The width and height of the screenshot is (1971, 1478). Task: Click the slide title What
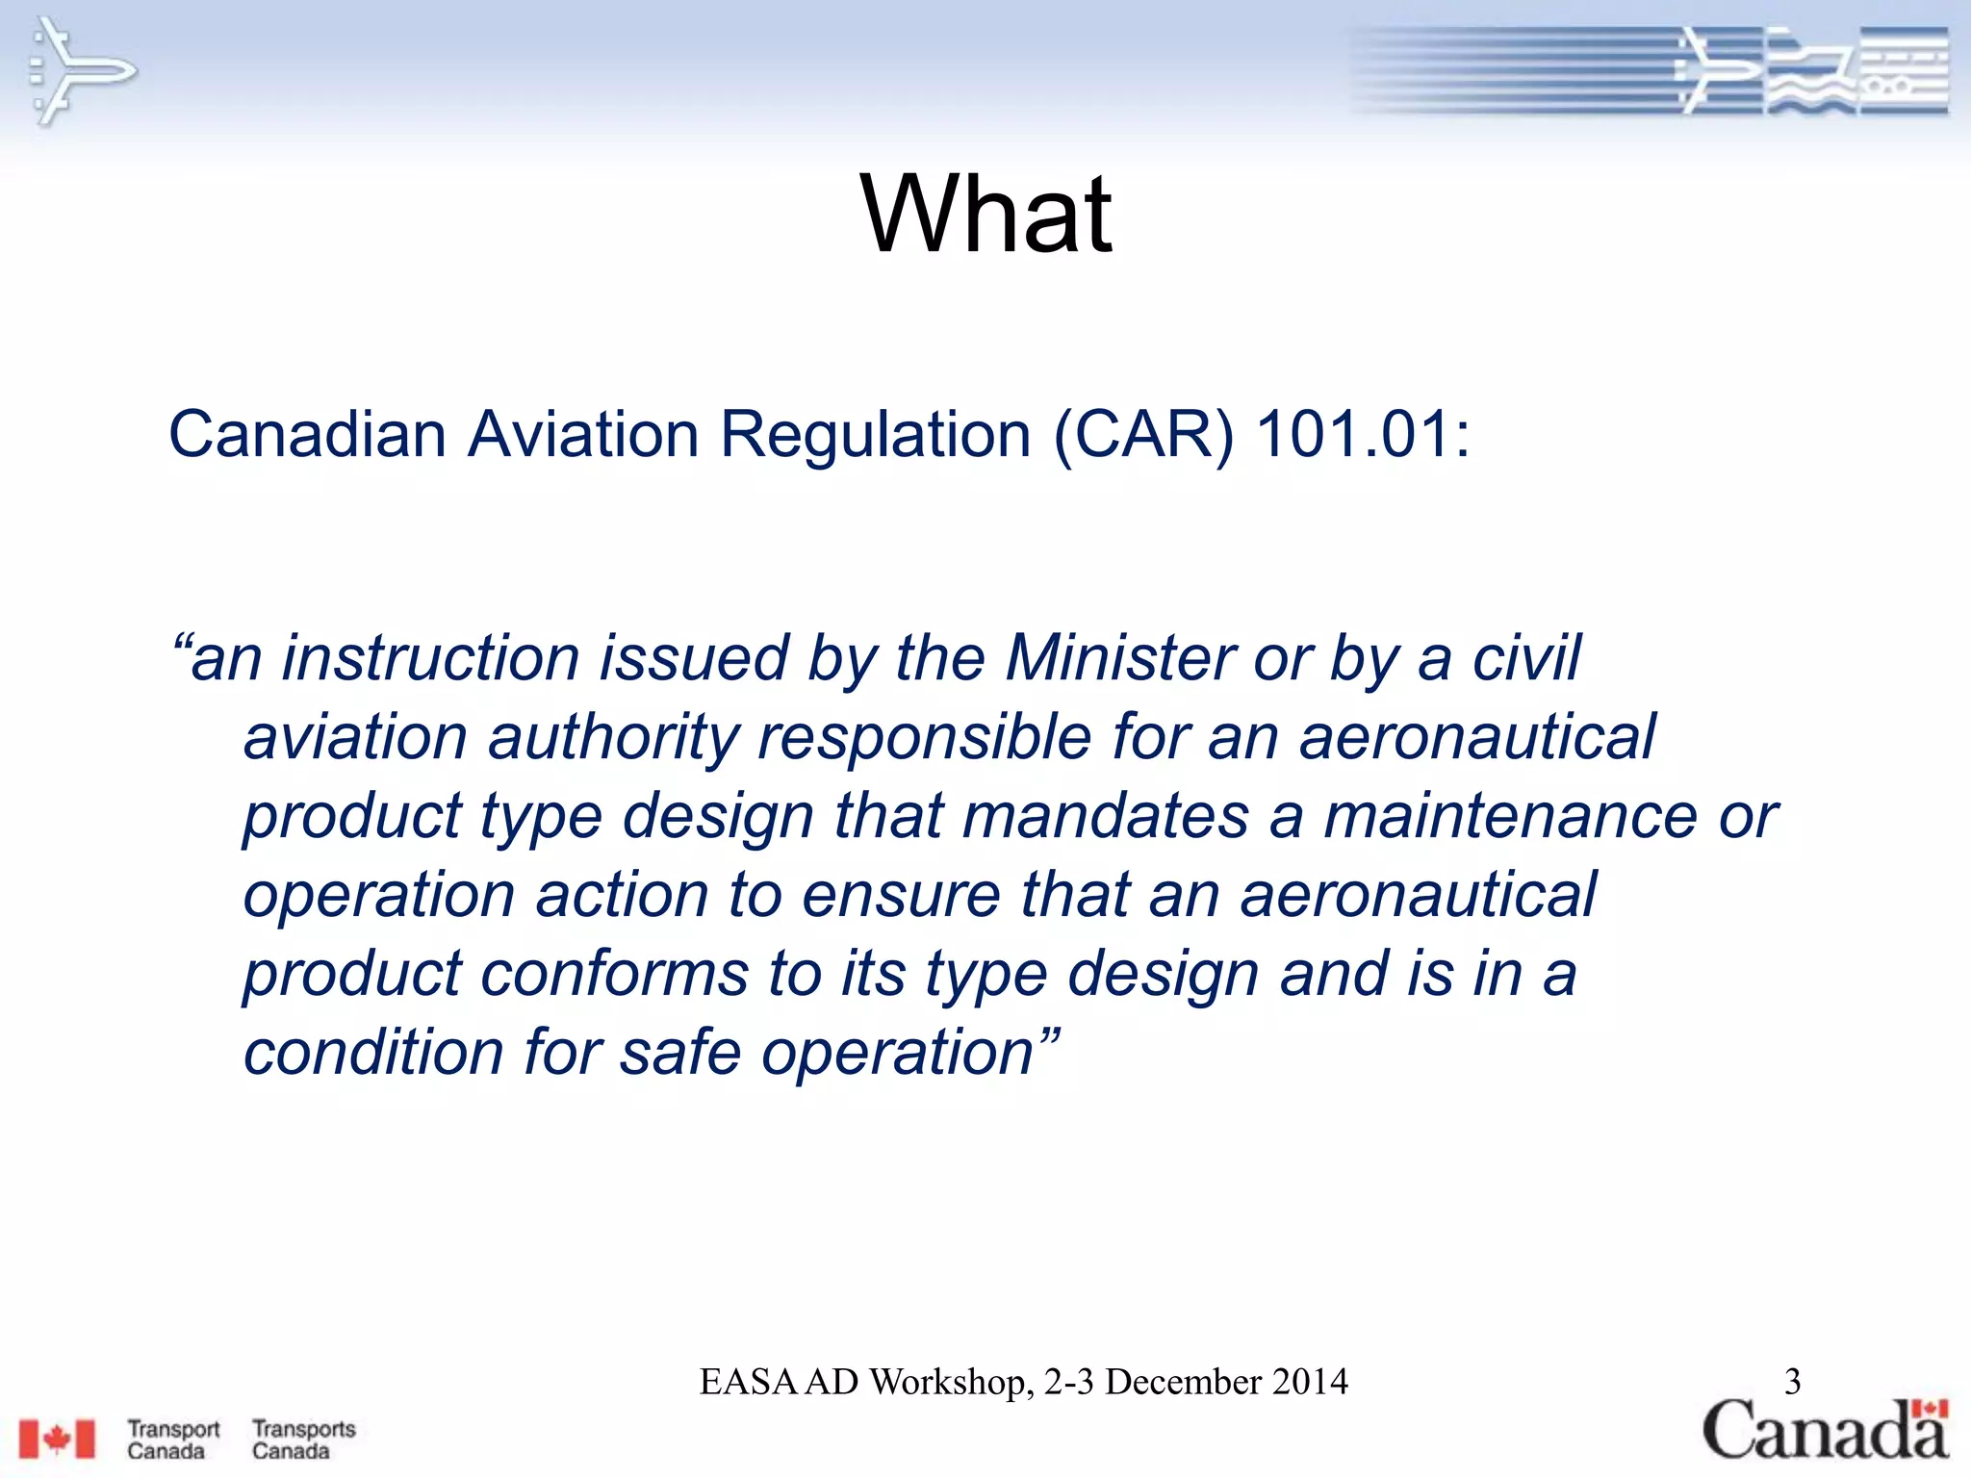click(x=985, y=214)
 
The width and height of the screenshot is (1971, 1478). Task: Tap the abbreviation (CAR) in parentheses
click(x=1143, y=435)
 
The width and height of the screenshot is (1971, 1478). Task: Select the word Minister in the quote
click(x=1120, y=658)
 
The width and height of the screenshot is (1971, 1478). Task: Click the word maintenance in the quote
click(x=1510, y=816)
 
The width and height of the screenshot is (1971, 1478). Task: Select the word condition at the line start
click(x=373, y=1052)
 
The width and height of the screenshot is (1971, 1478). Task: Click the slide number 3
click(x=1792, y=1382)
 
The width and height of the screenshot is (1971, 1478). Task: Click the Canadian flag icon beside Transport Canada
click(x=58, y=1440)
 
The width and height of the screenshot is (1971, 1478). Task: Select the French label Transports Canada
click(x=303, y=1440)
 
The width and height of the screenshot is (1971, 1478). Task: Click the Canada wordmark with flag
click(x=1825, y=1430)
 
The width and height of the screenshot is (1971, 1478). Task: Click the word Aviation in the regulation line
click(x=583, y=434)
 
